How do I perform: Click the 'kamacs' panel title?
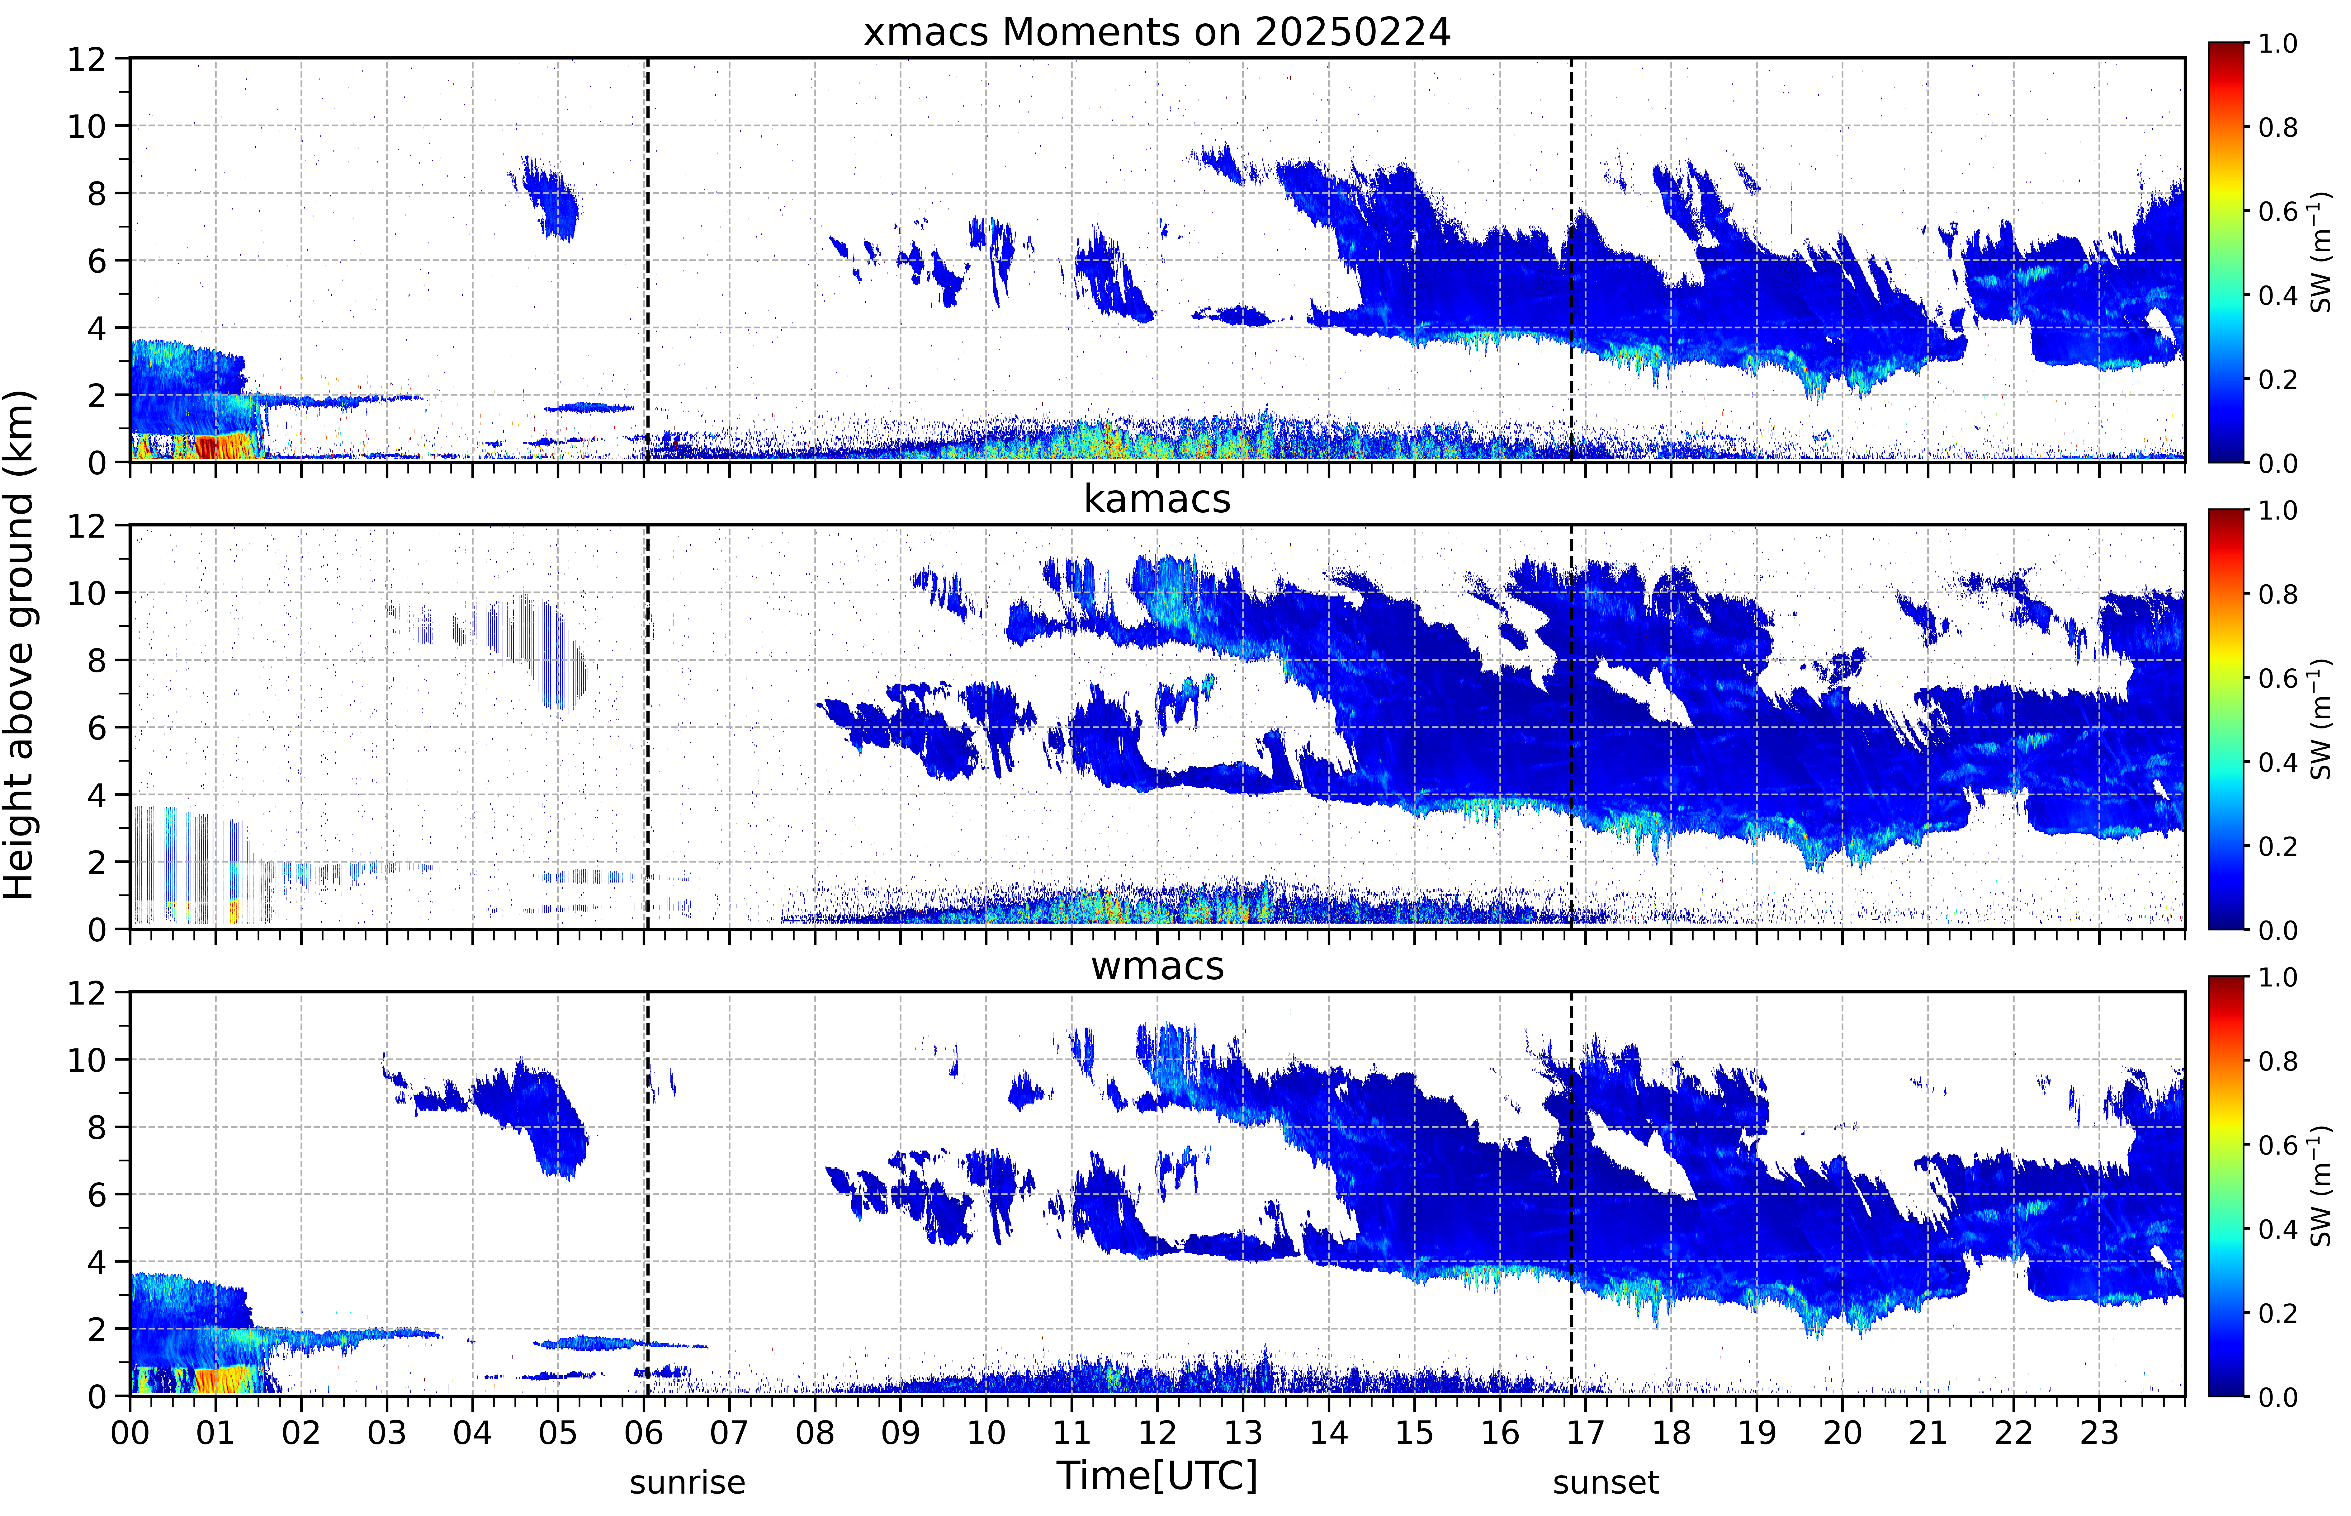tap(1157, 499)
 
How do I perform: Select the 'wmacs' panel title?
tap(1157, 966)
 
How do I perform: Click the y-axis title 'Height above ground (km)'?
tap(20, 645)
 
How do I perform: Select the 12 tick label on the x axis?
tap(1158, 1432)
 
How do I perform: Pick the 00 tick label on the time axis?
tap(130, 1432)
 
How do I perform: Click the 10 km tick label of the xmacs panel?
tap(86, 126)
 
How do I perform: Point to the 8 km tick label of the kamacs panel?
tap(97, 661)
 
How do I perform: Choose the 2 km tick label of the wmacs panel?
tap(97, 1329)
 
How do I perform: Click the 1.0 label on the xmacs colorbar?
tap(2277, 43)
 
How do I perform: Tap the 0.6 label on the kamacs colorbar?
tap(2277, 678)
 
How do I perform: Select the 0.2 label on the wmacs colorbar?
tap(2277, 1313)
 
